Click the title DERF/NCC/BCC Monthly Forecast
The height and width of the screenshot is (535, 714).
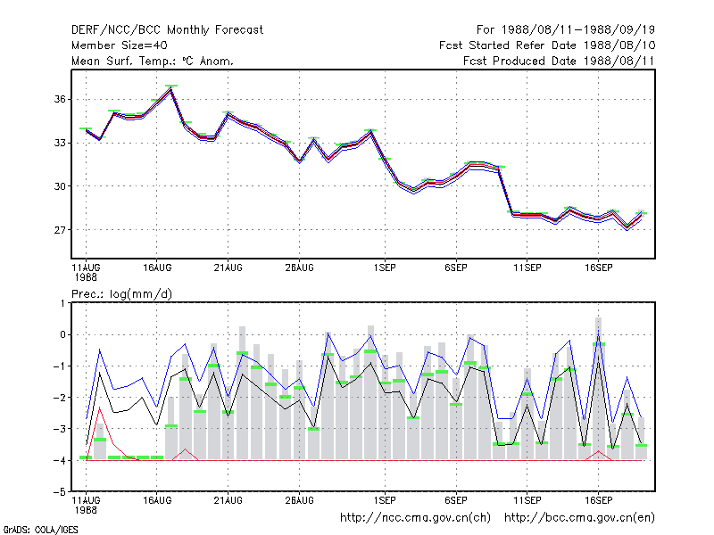click(x=167, y=30)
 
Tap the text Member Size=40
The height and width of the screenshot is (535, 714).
click(x=120, y=45)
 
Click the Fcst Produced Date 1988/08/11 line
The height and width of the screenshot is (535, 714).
click(x=559, y=61)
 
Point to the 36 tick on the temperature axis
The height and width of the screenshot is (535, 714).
click(x=60, y=99)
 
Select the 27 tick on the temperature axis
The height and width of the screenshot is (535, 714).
click(x=60, y=230)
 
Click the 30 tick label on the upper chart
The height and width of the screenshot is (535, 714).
click(x=60, y=186)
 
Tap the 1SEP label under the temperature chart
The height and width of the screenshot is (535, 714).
click(x=385, y=268)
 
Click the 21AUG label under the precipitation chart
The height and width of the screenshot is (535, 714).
click(x=228, y=500)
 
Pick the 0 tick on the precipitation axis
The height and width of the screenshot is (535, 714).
click(x=62, y=335)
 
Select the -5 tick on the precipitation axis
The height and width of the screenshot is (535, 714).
click(x=60, y=492)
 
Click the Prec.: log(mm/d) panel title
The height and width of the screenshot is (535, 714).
click(x=121, y=294)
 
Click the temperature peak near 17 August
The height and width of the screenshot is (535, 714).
click(x=170, y=88)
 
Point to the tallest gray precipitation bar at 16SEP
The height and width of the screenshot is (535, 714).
click(x=598, y=388)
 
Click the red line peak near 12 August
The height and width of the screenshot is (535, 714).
click(x=100, y=407)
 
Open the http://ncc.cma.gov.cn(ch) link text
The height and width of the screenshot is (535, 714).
click(x=415, y=518)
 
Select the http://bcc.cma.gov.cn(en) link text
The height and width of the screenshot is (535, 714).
click(x=579, y=518)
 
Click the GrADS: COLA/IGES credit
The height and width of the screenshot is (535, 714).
click(x=40, y=530)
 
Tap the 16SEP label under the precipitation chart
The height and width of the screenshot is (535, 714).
click(x=598, y=500)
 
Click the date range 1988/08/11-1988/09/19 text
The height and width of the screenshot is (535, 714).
click(x=578, y=30)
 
